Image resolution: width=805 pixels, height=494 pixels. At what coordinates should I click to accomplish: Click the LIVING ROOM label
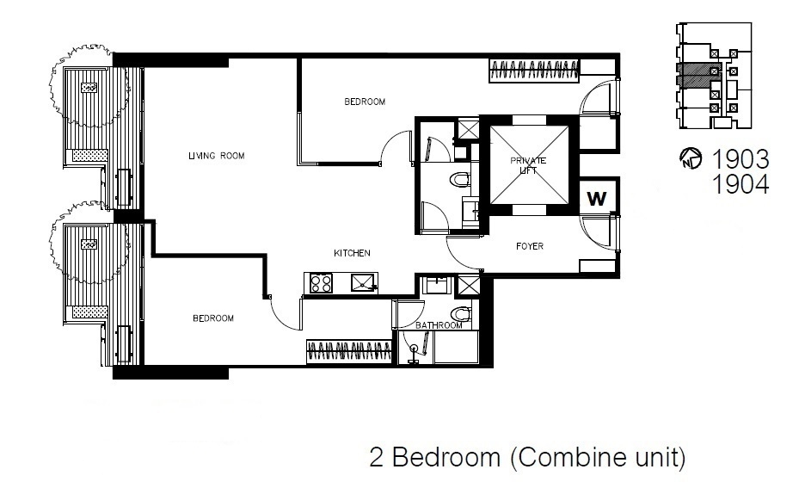216,156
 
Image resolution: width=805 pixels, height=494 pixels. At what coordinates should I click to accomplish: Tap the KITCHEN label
353,253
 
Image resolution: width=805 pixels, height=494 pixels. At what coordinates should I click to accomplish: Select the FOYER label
530,246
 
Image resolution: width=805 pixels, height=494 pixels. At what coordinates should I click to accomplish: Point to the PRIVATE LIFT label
528,165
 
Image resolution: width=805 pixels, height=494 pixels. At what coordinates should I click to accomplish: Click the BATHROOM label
439,325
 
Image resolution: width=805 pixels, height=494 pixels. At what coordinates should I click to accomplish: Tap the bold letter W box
597,199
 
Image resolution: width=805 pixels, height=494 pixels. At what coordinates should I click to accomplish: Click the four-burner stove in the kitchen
321,283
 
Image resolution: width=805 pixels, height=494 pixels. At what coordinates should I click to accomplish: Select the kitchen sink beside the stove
364,283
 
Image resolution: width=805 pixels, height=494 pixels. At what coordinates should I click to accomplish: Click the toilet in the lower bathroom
462,314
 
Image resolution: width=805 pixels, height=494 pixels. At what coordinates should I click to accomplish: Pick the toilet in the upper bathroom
460,180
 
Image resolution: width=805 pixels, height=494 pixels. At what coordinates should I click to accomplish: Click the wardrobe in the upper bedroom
534,71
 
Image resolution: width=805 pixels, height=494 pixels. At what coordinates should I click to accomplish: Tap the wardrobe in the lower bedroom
349,352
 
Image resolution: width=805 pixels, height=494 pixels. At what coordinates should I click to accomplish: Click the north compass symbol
691,159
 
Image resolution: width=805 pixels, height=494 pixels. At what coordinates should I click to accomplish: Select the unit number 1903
740,159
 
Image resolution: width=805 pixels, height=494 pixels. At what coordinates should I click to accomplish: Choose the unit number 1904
740,184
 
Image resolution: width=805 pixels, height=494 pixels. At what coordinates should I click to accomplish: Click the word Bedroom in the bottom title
446,456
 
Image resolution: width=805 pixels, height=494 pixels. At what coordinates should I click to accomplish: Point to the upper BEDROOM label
365,102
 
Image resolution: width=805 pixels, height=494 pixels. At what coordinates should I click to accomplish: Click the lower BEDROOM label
213,318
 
